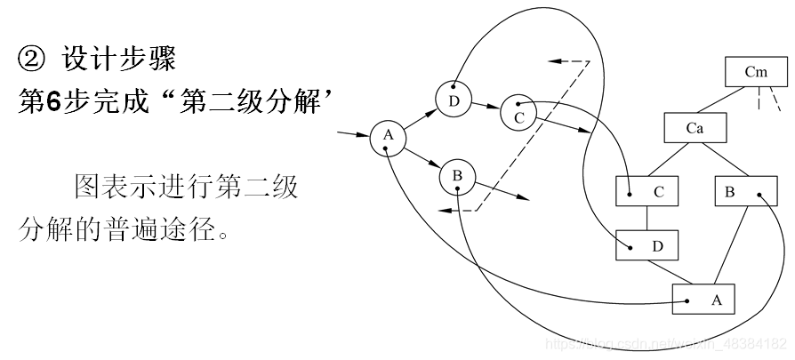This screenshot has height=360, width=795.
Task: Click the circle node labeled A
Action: [387, 136]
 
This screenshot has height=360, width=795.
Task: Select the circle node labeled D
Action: [454, 100]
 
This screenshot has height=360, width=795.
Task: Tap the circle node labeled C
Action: [518, 112]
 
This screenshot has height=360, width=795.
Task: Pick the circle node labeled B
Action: [457, 177]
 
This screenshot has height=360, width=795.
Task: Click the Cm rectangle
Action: [756, 72]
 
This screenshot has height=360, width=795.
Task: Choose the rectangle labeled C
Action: [646, 191]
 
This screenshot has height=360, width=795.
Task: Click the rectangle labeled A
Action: [703, 300]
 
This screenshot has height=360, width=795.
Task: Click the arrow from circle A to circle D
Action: [419, 118]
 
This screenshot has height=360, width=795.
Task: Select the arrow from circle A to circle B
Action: [421, 156]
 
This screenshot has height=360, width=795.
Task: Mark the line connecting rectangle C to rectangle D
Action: [646, 218]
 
